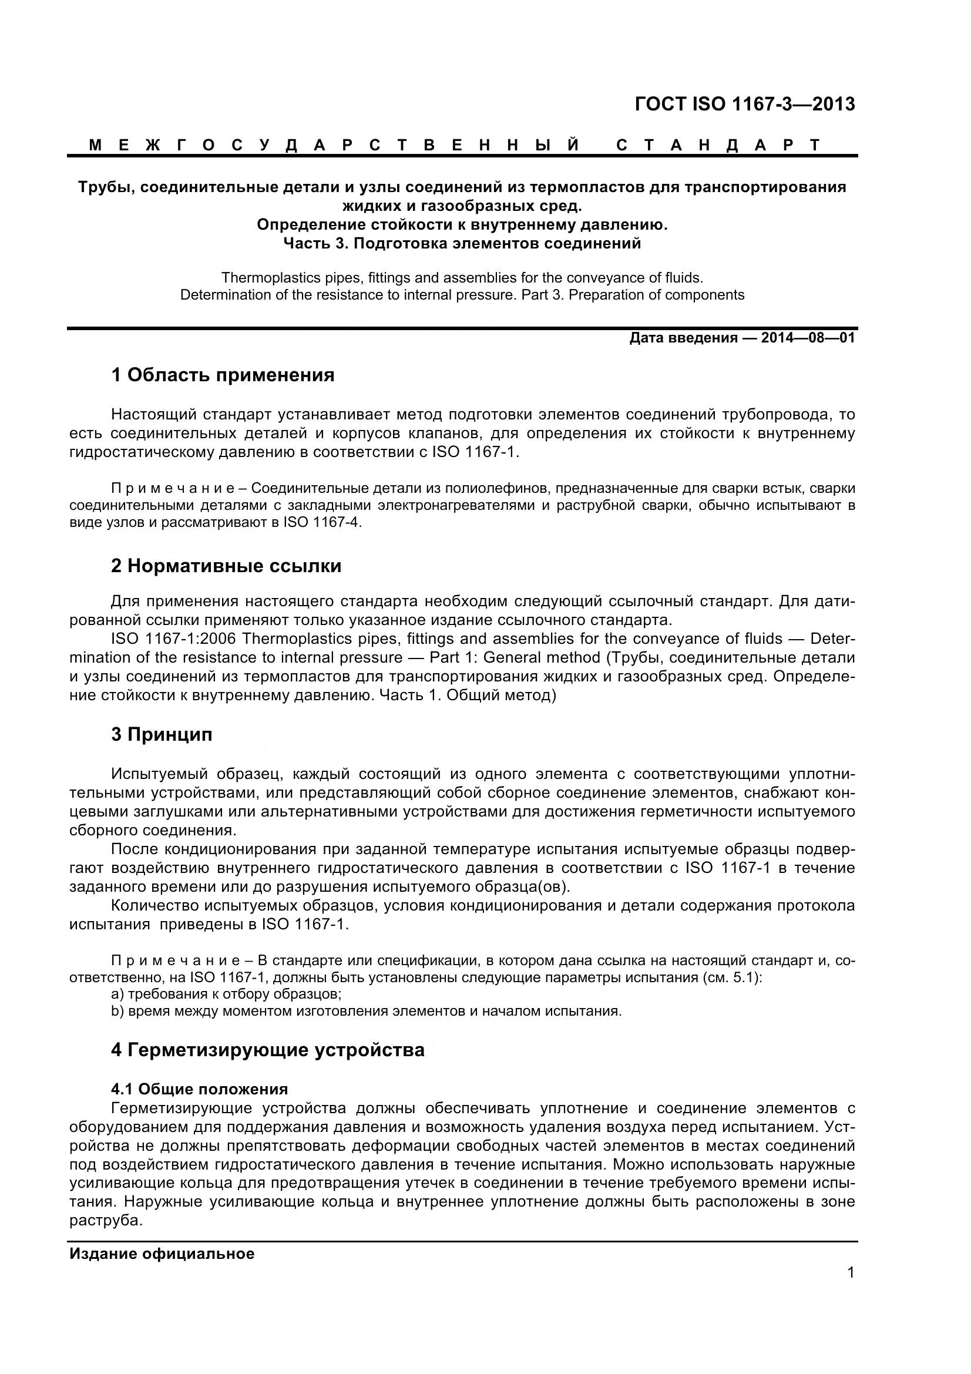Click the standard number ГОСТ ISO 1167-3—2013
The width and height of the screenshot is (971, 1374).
tap(744, 105)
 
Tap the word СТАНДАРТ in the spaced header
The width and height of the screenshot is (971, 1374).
tap(718, 146)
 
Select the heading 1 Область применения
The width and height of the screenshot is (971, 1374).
tap(223, 376)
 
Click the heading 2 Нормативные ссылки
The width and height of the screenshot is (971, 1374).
tap(226, 566)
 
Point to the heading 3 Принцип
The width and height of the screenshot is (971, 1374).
tap(162, 735)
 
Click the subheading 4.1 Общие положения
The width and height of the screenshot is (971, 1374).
tap(199, 1089)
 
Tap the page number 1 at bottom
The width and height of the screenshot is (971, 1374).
tap(851, 1289)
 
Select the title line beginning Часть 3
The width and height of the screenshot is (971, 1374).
tap(461, 244)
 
